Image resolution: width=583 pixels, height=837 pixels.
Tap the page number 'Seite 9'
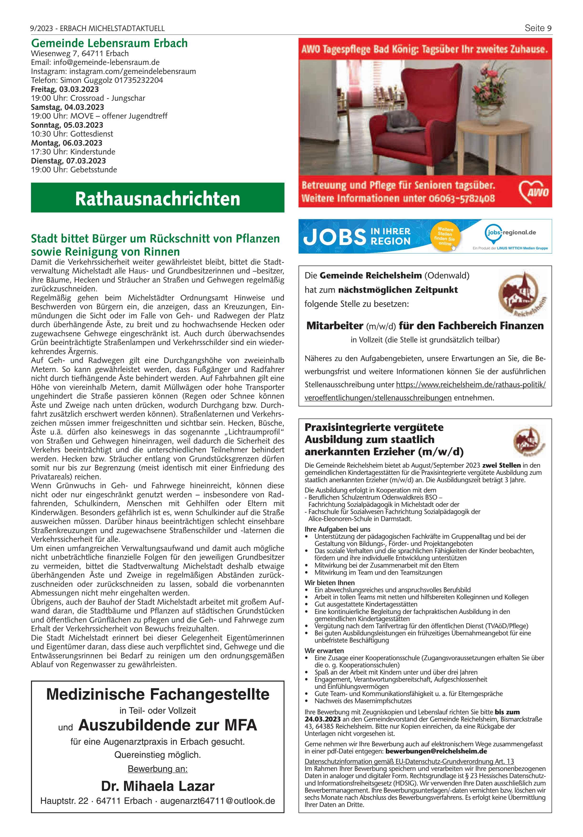click(538, 28)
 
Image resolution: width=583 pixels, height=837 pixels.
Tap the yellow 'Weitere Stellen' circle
click(445, 236)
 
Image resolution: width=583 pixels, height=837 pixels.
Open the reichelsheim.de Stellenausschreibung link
click(425, 391)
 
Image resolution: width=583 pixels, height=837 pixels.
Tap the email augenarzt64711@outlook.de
click(217, 801)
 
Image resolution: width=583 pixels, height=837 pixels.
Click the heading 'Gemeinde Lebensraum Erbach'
click(109, 43)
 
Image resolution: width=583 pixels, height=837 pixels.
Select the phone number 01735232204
click(139, 80)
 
